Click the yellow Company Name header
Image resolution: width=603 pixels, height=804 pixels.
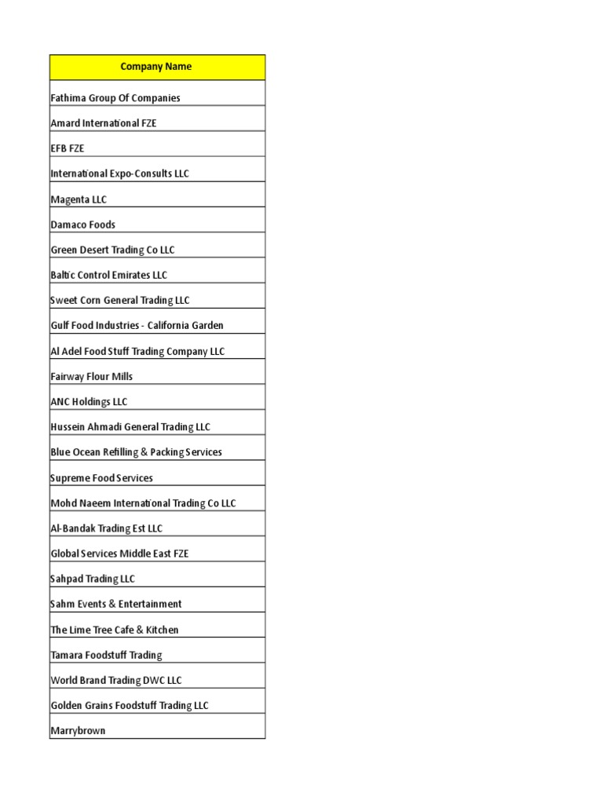(x=156, y=67)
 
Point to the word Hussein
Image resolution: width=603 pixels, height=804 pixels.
(x=68, y=427)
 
